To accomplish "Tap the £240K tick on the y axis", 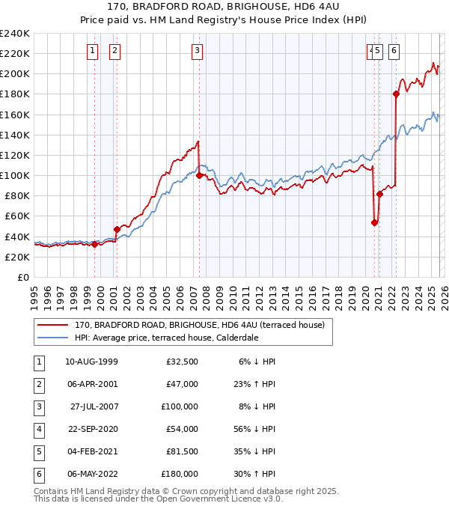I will click(x=15, y=34).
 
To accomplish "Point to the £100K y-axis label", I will click(x=15, y=175).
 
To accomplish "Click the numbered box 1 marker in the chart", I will click(x=92, y=51).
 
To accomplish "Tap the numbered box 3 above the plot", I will click(x=197, y=51).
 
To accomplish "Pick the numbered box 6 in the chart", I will click(x=394, y=51).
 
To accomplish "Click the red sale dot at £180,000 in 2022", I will click(x=396, y=94).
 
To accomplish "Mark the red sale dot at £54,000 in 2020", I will click(x=374, y=222).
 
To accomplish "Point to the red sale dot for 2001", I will click(x=116, y=229).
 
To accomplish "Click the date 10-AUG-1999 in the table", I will click(x=91, y=362).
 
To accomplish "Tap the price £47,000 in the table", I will click(x=182, y=384).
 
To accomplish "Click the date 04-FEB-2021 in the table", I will click(x=91, y=451).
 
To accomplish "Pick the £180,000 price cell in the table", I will click(x=180, y=474).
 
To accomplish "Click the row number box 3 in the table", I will click(x=38, y=406).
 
